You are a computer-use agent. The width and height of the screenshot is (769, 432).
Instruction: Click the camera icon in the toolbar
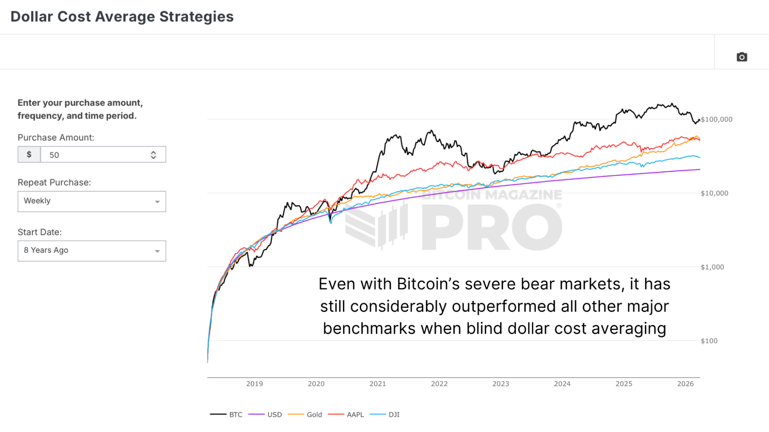tap(742, 57)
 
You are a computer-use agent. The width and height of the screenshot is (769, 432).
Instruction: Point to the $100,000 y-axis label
tap(716, 120)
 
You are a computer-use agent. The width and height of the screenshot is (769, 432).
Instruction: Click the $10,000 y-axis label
tap(714, 193)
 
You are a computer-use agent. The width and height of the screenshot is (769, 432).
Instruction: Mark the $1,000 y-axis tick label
tap(712, 267)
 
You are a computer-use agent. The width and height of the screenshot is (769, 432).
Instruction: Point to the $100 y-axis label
tap(709, 341)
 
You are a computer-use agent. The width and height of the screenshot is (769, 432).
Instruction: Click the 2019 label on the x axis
tap(254, 384)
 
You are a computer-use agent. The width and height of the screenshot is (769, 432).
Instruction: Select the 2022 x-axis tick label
tap(439, 384)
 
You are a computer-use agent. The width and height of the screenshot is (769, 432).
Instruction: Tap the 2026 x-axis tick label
tap(685, 384)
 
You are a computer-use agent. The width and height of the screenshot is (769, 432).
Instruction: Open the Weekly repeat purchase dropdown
tap(92, 201)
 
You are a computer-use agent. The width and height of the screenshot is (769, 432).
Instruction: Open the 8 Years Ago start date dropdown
tap(92, 251)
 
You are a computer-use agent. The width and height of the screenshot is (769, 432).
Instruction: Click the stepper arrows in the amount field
tap(153, 155)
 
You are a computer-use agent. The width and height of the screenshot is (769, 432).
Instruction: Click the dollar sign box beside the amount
tap(29, 155)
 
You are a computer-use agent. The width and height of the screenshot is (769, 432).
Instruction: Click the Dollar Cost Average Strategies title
tap(122, 17)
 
